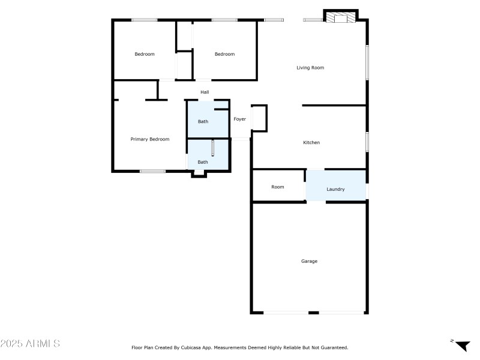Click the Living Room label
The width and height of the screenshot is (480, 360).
(x=310, y=68)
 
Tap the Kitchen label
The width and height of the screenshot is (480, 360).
(x=311, y=143)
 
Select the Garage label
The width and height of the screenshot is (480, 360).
(x=309, y=261)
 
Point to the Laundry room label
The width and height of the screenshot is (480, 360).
(x=335, y=190)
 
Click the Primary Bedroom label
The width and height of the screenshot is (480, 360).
(x=150, y=139)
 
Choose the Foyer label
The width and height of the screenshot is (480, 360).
(x=240, y=119)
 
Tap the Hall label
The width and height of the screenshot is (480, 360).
(x=205, y=92)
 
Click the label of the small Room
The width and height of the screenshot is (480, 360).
(x=277, y=187)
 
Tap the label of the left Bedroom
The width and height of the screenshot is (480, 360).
(x=145, y=55)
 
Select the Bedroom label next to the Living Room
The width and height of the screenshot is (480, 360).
(x=225, y=55)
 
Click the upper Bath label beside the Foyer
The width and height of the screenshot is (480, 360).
(x=203, y=122)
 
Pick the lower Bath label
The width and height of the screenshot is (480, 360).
(x=203, y=162)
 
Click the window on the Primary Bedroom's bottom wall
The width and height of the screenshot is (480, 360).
(x=152, y=172)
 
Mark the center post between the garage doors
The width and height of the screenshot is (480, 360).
(x=313, y=313)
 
